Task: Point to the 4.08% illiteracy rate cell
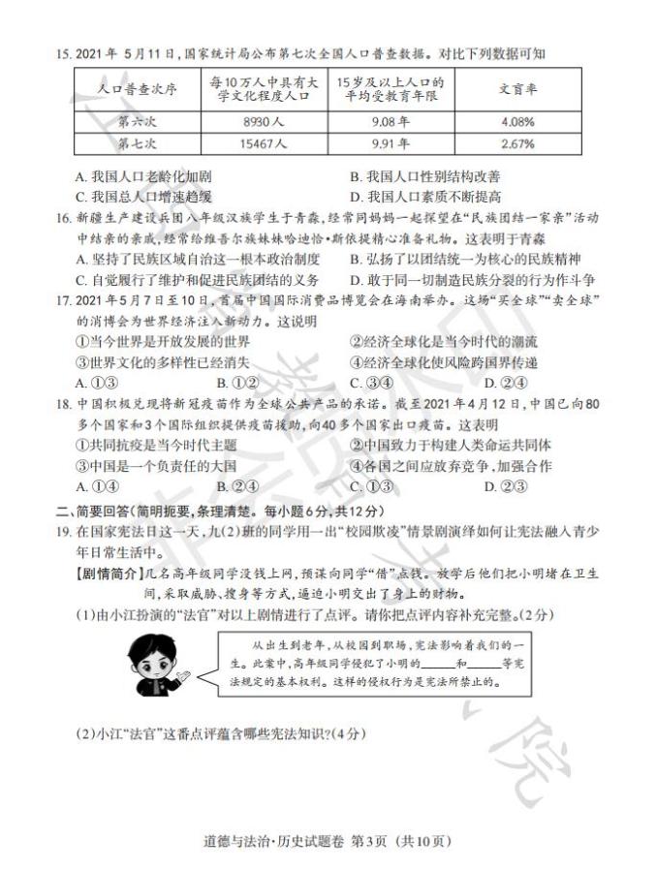518,123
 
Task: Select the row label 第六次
137,123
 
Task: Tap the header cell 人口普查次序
137,90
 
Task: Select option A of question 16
198,259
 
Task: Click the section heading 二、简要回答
97,510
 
